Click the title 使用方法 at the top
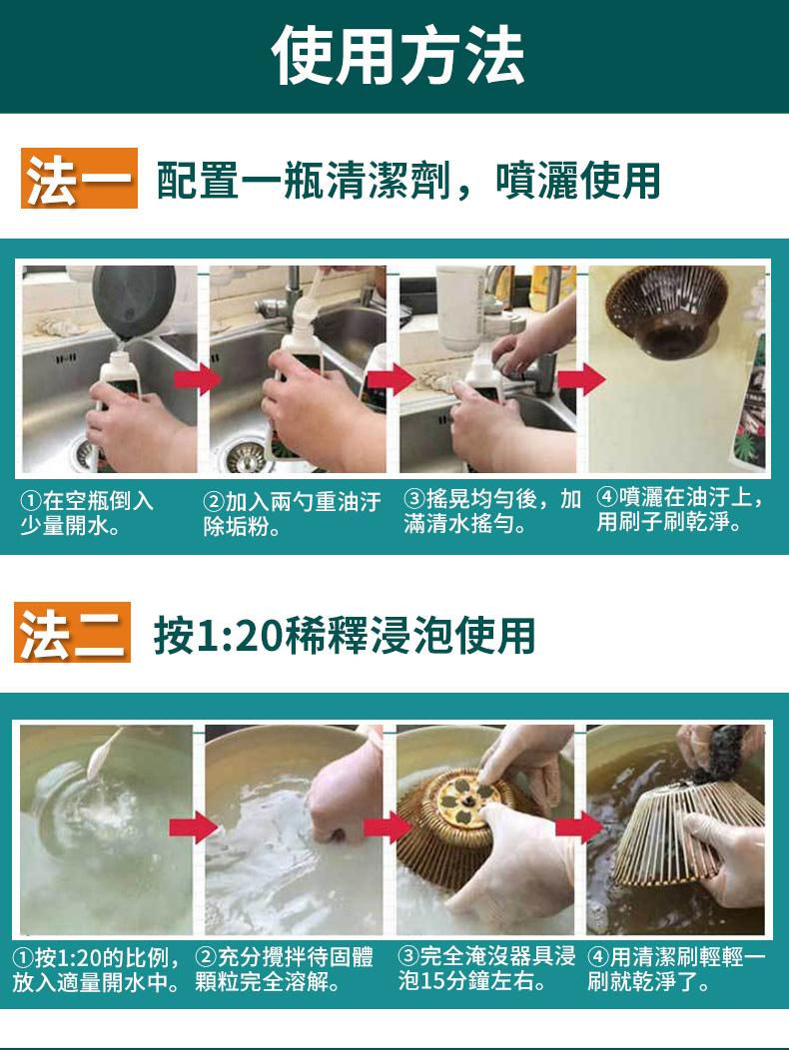[x=397, y=56]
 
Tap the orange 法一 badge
[x=79, y=178]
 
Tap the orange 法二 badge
[x=72, y=632]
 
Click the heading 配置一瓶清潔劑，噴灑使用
[x=408, y=180]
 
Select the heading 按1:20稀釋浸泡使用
[x=345, y=635]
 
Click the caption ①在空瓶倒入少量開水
[x=87, y=513]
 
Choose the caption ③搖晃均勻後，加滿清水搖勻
[x=492, y=511]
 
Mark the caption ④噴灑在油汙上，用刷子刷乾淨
[x=680, y=509]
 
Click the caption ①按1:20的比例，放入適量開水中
[x=97, y=969]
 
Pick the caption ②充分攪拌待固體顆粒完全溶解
[x=285, y=969]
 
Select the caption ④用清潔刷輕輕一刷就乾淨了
[x=676, y=969]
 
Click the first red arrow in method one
[x=197, y=379]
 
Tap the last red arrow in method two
[x=580, y=827]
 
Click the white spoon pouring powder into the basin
[x=103, y=754]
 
